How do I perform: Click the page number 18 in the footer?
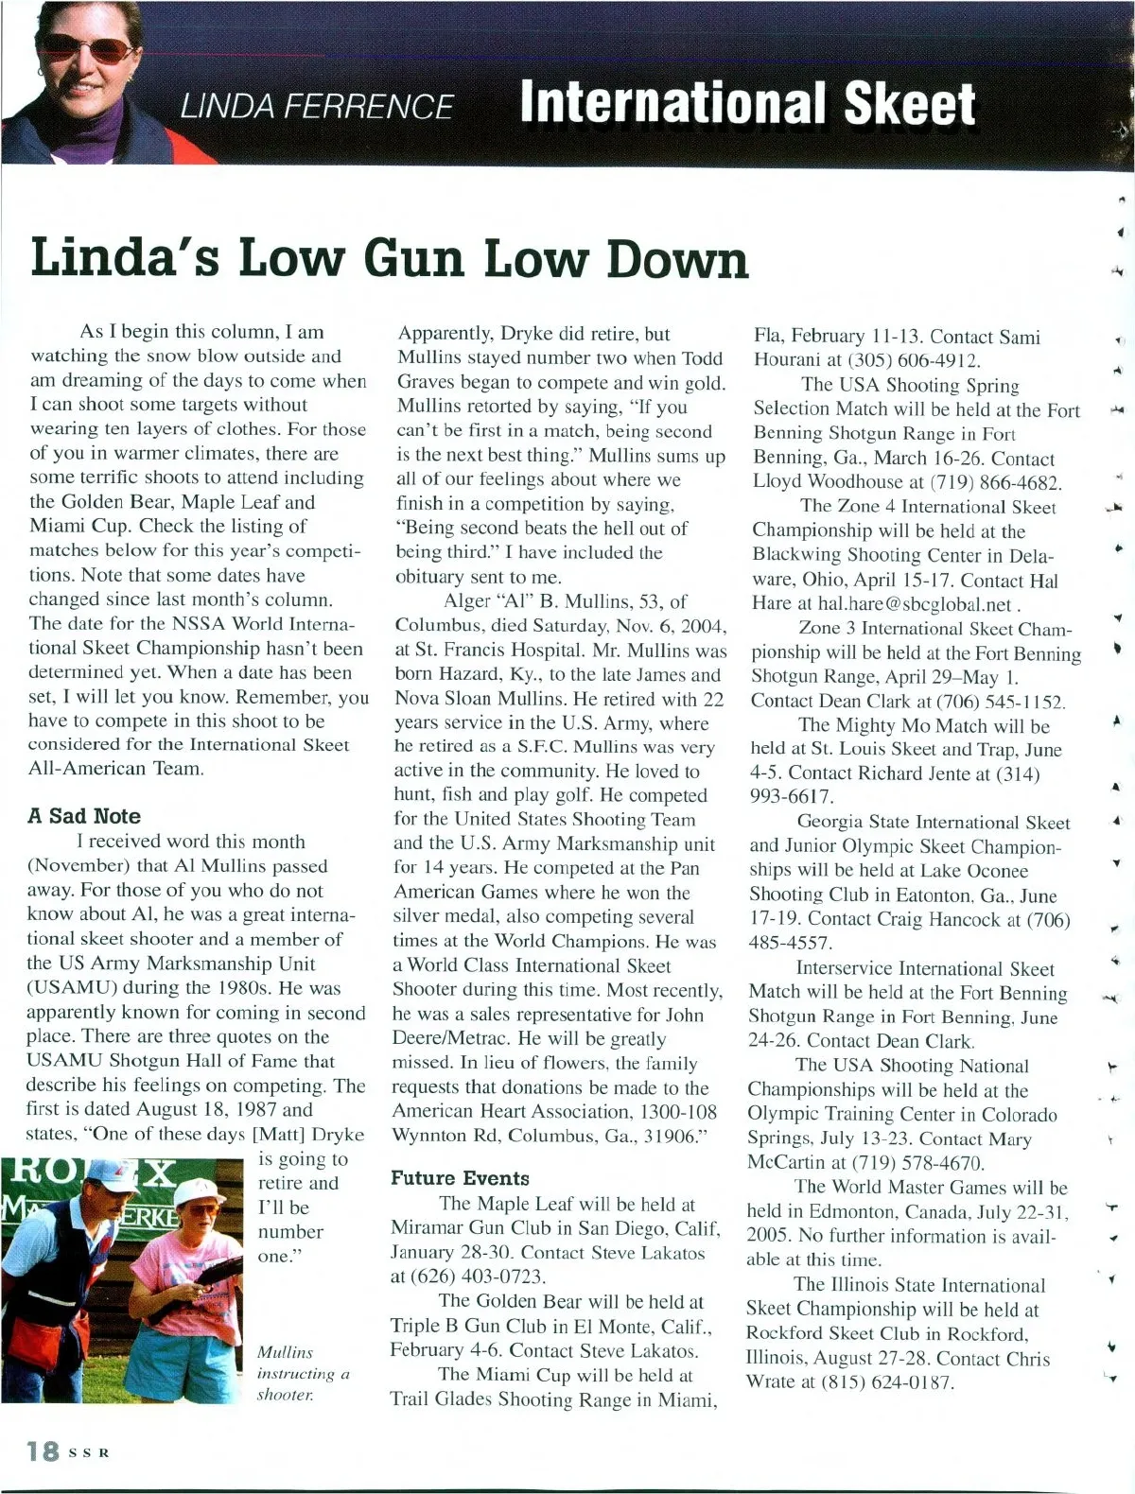pyautogui.click(x=44, y=1451)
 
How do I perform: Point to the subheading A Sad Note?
pyautogui.click(x=84, y=816)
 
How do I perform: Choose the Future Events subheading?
pyautogui.click(x=460, y=1178)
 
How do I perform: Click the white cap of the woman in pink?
pyautogui.click(x=199, y=1193)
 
